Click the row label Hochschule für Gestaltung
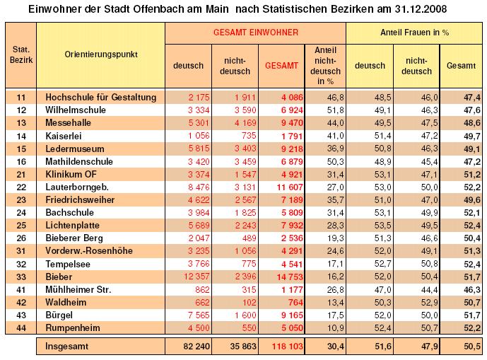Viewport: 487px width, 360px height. click(x=100, y=97)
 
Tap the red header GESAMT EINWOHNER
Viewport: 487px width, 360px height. click(x=255, y=33)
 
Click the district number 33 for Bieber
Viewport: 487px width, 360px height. click(x=20, y=277)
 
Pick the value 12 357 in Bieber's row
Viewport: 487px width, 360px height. click(x=187, y=277)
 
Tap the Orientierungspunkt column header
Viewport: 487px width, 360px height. click(x=100, y=54)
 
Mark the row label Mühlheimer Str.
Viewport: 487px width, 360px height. click(x=78, y=289)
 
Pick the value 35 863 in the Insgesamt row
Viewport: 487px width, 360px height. click(x=235, y=346)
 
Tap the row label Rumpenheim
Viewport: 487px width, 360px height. click(x=74, y=327)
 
